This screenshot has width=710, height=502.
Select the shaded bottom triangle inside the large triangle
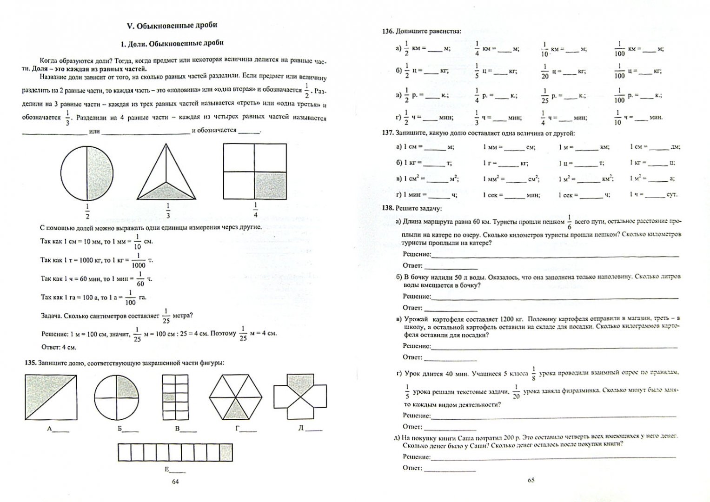166,191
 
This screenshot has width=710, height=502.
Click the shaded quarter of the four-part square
270,186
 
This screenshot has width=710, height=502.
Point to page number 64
175,482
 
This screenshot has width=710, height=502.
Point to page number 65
531,480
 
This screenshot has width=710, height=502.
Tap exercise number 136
388,31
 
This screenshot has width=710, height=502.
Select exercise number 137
388,133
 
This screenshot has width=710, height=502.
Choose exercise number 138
388,208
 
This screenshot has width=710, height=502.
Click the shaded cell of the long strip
226,452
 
